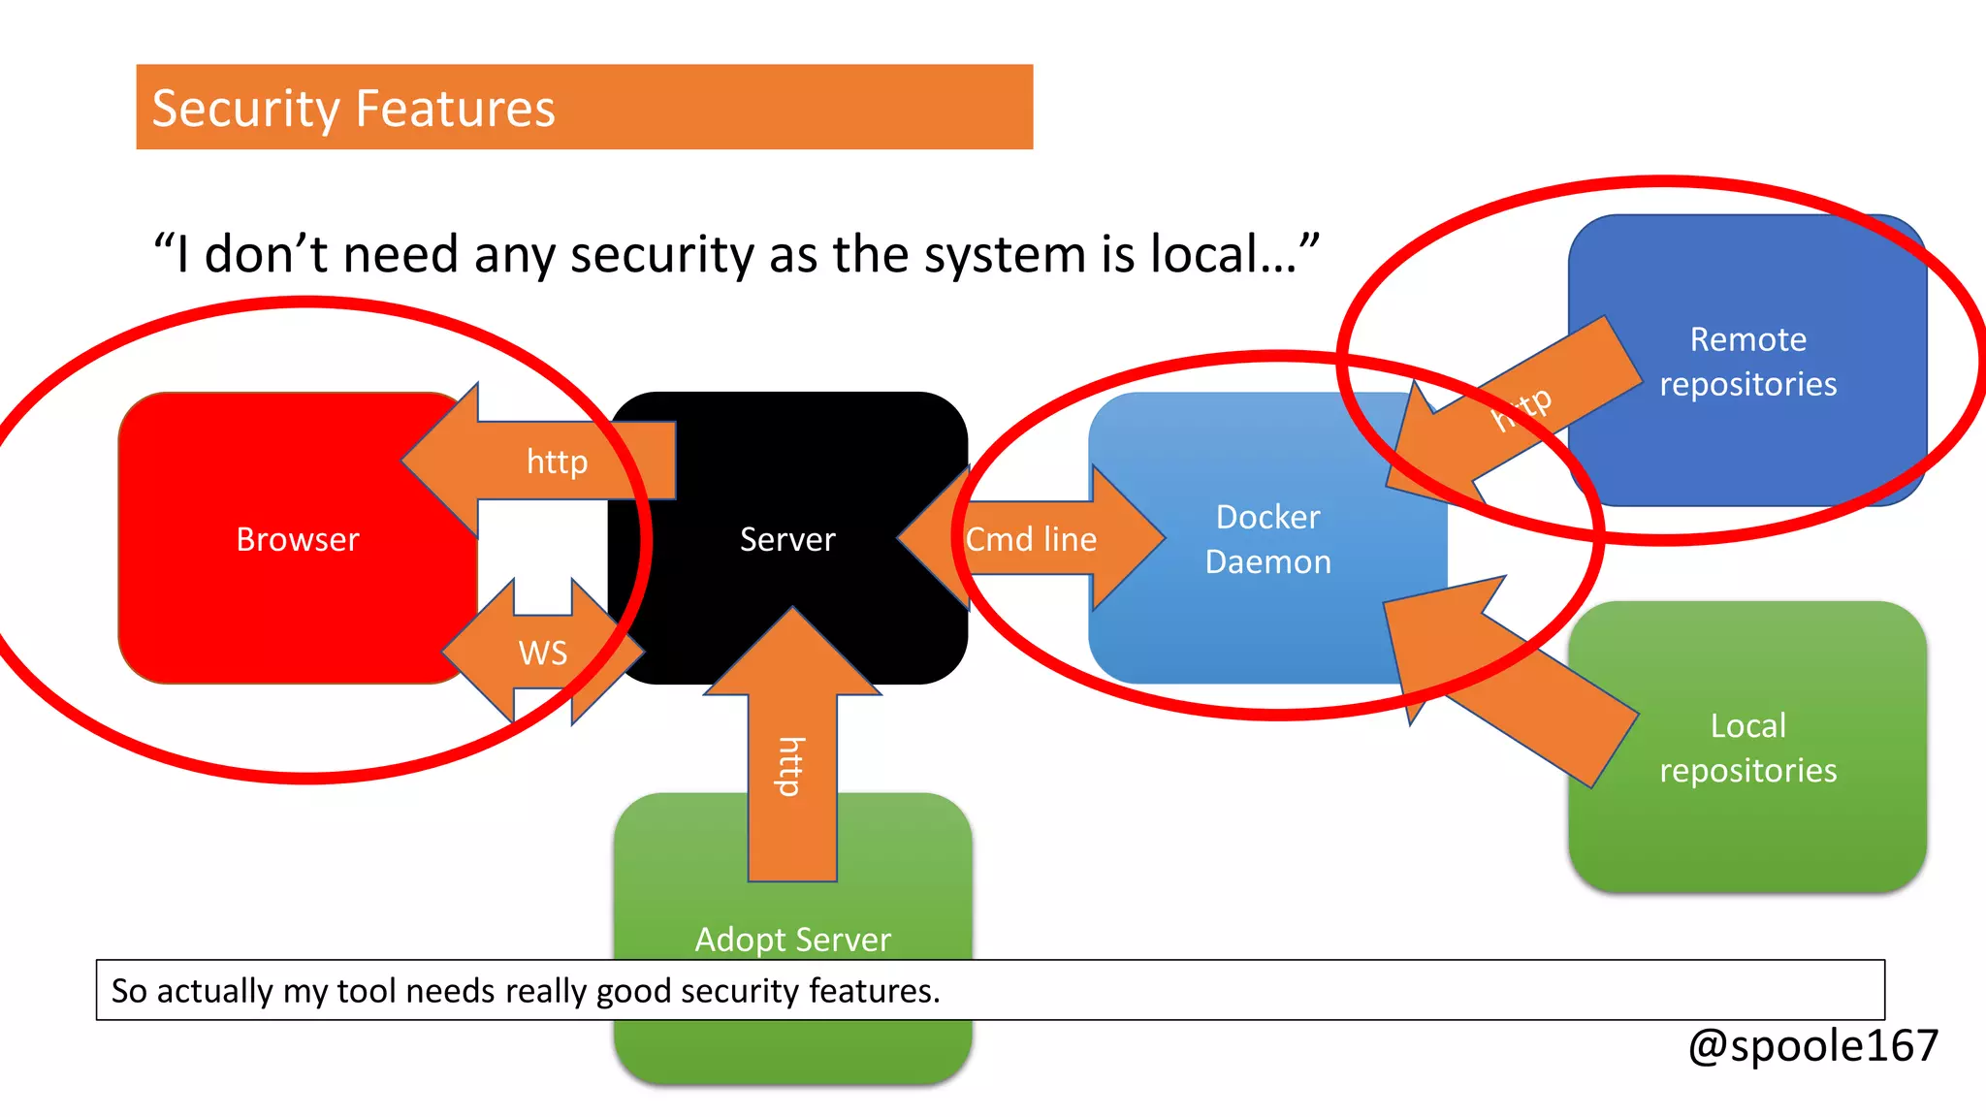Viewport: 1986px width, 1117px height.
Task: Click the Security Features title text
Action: coord(353,108)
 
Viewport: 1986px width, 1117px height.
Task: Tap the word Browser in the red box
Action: coord(297,539)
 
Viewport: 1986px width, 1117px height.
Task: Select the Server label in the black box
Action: coord(786,539)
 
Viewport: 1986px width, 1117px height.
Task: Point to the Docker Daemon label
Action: coord(1267,539)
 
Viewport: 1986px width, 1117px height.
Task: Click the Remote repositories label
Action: coord(1747,362)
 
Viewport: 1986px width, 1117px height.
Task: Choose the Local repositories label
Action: coord(1747,748)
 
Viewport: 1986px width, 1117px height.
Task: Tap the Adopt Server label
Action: coord(792,939)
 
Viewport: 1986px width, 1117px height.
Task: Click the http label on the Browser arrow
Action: coord(557,462)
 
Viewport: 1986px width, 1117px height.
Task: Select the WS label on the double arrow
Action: coord(542,653)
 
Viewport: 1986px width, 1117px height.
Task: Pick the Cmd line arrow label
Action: coord(1031,539)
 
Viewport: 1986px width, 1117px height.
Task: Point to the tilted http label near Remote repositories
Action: coord(1522,408)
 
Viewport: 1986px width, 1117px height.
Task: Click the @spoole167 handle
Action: coord(1812,1046)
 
